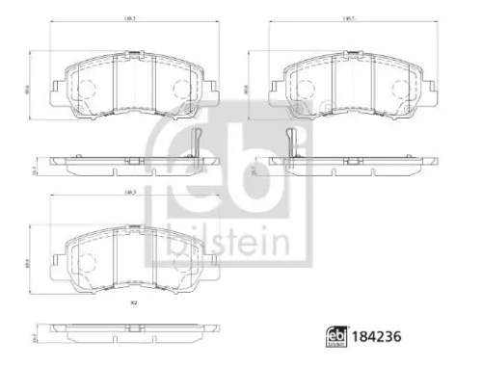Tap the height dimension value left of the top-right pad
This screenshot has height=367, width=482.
click(x=248, y=88)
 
